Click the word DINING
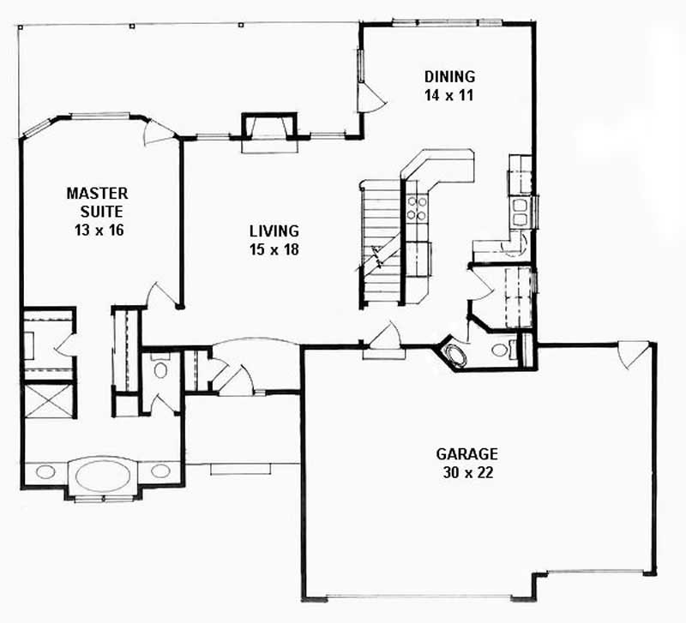click(449, 76)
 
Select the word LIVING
click(274, 231)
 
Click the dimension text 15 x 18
click(274, 249)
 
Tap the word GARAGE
click(466, 454)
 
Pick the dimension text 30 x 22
click(466, 472)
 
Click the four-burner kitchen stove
click(417, 207)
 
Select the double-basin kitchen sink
click(521, 211)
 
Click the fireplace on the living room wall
click(271, 132)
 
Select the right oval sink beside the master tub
click(160, 470)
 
